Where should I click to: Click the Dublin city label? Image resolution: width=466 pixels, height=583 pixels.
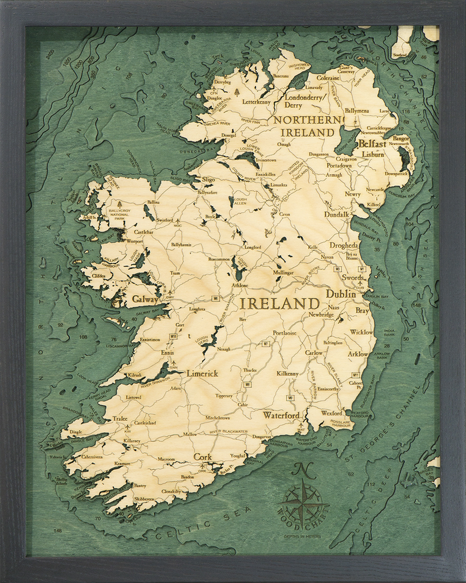click(341, 294)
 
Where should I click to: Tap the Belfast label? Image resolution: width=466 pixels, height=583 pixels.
click(372, 144)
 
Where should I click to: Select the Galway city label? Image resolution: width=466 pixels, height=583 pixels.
click(145, 298)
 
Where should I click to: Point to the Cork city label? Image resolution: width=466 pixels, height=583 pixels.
click(203, 457)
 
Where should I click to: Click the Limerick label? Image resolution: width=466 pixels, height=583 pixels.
click(202, 373)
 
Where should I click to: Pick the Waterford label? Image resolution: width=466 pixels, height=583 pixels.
click(281, 416)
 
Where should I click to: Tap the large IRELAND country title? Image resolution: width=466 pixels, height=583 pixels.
click(279, 303)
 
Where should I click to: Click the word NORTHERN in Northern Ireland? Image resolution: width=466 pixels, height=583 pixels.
click(309, 120)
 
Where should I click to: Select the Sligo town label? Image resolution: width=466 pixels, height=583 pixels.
click(209, 179)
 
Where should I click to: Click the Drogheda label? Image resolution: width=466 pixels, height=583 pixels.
click(344, 245)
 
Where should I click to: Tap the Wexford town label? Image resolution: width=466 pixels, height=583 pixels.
click(331, 413)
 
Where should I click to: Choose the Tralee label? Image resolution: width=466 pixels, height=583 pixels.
click(120, 418)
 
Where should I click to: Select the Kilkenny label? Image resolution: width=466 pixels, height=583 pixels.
click(287, 373)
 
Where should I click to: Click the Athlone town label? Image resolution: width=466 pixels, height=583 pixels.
click(240, 285)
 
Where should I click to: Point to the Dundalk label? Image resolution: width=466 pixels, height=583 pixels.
click(336, 215)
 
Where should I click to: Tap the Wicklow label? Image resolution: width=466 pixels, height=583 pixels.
click(361, 332)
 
